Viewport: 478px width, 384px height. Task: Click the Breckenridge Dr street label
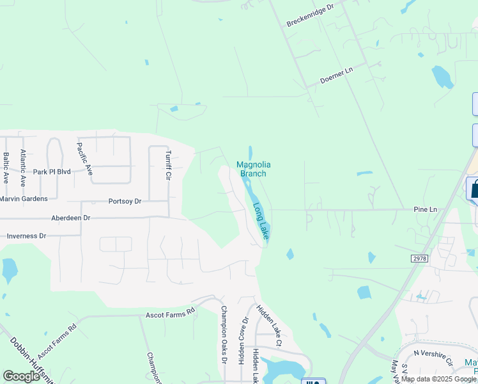point(311,16)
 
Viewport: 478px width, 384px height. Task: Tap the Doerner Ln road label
point(337,76)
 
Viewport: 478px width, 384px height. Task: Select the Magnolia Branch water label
point(251,169)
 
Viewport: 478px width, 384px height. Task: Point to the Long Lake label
point(261,221)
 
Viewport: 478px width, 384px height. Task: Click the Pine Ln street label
point(424,209)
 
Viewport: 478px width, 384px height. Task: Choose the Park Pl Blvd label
point(52,172)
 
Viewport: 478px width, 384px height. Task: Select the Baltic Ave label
point(6,167)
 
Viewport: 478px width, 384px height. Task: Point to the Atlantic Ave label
point(23,166)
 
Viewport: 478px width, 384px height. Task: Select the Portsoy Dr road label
point(125,200)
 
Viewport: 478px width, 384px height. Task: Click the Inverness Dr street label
point(27,236)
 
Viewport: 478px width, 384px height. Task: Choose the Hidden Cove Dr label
point(243,340)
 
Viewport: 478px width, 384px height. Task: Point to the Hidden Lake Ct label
point(269,325)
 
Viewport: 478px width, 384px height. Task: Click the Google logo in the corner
point(22,376)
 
